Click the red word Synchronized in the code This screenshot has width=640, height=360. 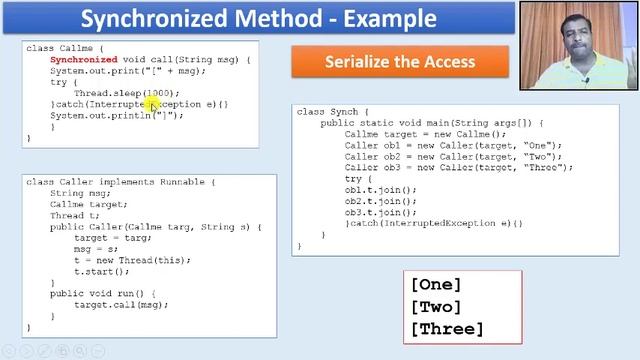tap(84, 60)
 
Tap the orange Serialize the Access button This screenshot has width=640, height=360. tap(399, 62)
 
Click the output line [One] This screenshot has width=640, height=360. tap(436, 285)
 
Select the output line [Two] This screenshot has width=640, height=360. tap(436, 307)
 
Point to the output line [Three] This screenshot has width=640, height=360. tap(447, 329)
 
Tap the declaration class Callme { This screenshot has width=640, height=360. tap(65, 48)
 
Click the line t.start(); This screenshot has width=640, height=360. tap(102, 271)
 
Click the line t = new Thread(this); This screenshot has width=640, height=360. tap(132, 260)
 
